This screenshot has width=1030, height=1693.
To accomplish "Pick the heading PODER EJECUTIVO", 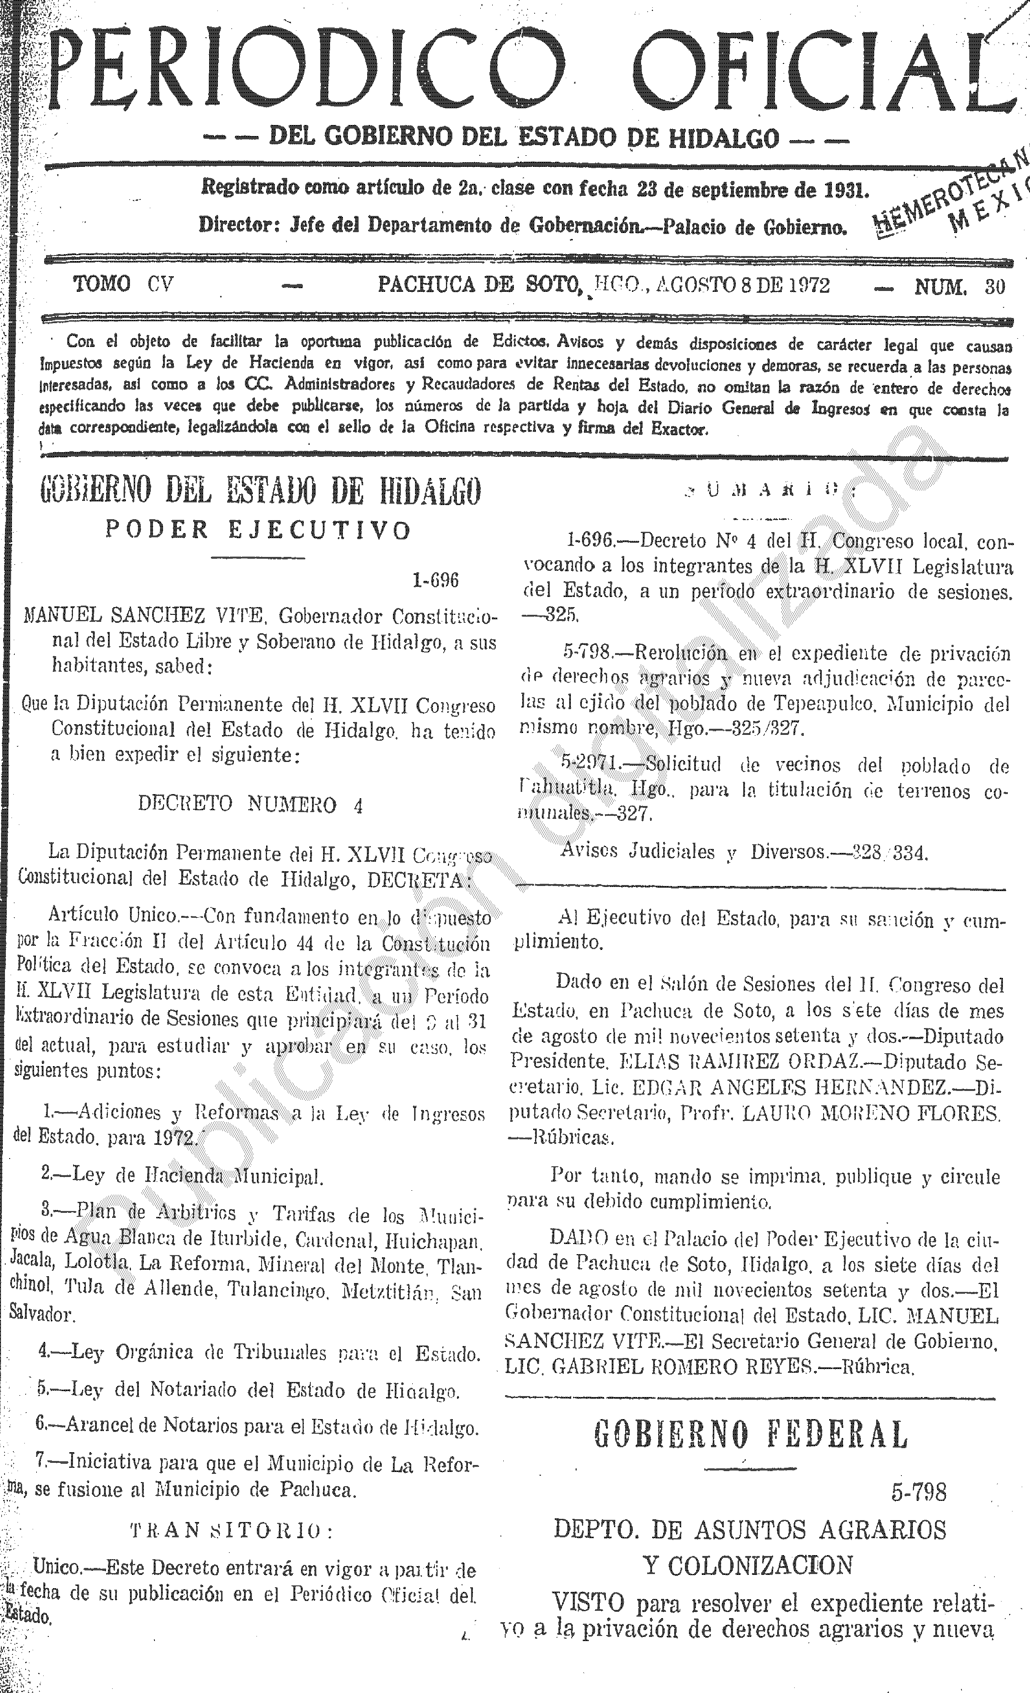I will pos(258,530).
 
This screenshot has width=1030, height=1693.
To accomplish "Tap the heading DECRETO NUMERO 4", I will pos(251,804).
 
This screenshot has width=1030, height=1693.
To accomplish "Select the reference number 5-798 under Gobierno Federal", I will pos(919,1492).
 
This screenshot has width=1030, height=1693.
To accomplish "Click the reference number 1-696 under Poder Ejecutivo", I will pos(435,580).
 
